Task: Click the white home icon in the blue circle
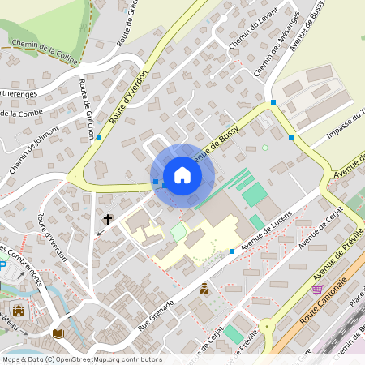(182, 174)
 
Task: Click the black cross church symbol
(107, 219)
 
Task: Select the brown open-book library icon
(58, 333)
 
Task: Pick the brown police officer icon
(204, 287)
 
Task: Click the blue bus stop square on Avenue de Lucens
(232, 251)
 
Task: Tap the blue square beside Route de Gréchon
(99, 138)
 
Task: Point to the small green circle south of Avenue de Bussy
(264, 148)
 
